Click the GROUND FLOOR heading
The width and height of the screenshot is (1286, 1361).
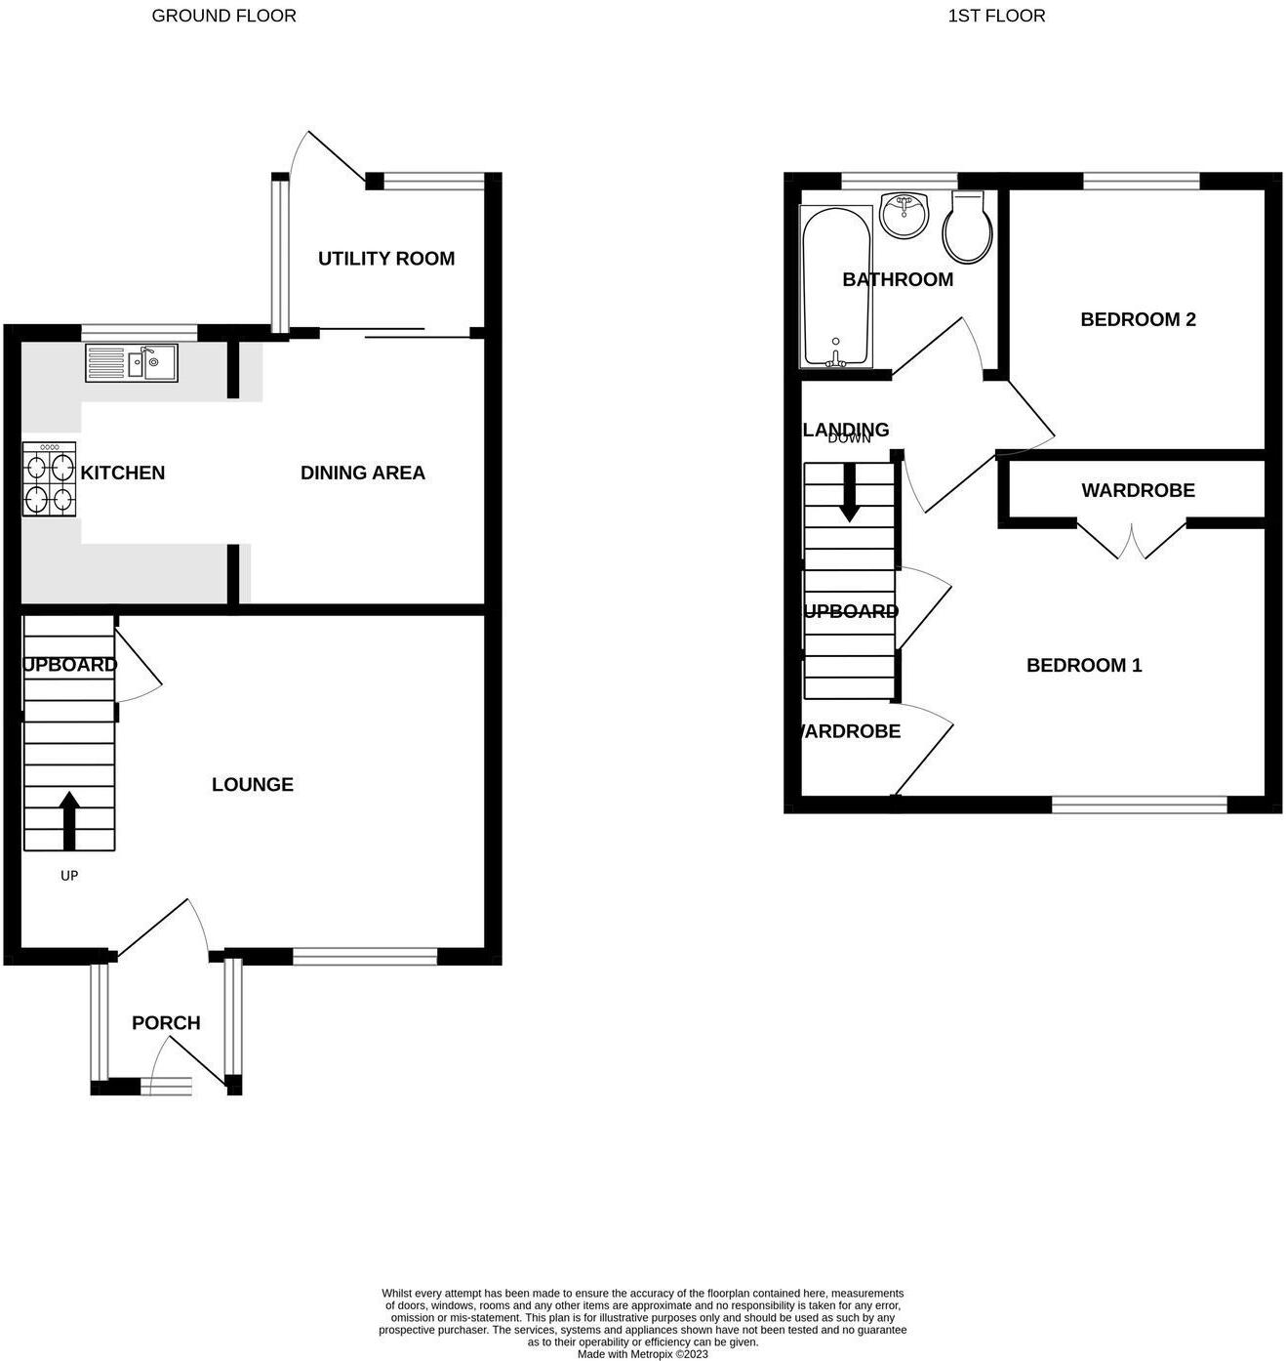click(x=223, y=16)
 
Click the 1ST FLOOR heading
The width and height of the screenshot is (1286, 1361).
click(x=996, y=16)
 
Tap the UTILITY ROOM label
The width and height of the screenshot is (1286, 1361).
click(x=386, y=259)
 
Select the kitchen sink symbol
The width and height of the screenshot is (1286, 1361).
click(x=132, y=363)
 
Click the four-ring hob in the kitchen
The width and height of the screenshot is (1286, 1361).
click(x=50, y=479)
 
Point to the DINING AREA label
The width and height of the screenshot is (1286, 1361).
click(x=363, y=473)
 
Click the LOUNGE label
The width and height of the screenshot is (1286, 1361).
click(x=253, y=784)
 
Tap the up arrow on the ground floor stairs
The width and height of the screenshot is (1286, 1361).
click(x=69, y=819)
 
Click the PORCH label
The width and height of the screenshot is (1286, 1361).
click(x=166, y=1023)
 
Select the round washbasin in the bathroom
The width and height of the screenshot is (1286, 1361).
click(x=904, y=214)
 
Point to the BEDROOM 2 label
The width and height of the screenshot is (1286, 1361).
click(x=1138, y=319)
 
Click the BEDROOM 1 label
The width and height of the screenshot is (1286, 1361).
click(x=1084, y=665)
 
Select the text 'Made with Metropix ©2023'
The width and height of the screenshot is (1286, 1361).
click(x=643, y=1354)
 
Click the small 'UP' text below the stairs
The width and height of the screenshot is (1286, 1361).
click(x=69, y=876)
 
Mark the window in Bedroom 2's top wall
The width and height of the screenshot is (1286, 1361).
click(x=1141, y=180)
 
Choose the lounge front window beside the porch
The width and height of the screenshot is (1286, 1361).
click(x=365, y=958)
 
